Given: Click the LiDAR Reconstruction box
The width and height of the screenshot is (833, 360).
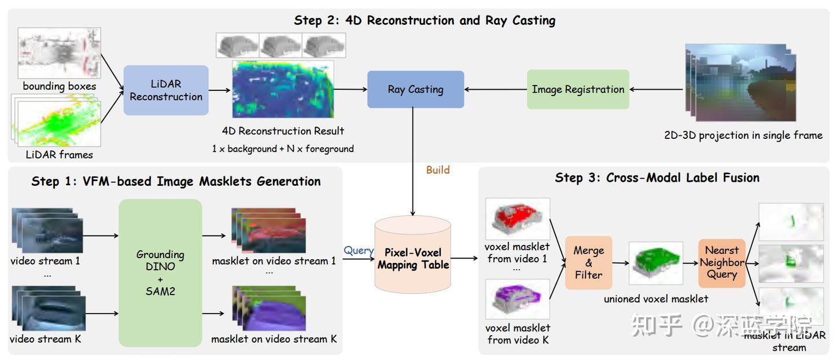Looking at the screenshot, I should click(x=166, y=90).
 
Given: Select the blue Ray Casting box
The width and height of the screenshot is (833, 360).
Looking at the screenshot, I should click(x=415, y=89).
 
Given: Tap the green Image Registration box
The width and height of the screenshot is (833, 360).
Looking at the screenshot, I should click(x=577, y=89).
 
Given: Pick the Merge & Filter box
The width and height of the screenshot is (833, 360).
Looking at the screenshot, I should click(x=588, y=262).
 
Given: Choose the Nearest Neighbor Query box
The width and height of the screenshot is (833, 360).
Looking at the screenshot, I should click(x=721, y=262).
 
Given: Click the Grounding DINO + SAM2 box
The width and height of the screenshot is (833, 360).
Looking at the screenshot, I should click(x=160, y=273).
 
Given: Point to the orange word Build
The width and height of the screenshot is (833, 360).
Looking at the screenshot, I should click(x=437, y=170).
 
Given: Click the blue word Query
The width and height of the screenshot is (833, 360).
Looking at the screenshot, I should click(x=358, y=250).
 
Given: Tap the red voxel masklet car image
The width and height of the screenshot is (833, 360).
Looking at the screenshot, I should click(x=518, y=219).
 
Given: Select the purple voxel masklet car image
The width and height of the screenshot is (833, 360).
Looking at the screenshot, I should click(x=518, y=299).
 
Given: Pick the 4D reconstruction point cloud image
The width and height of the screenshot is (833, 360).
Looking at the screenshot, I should click(x=283, y=90).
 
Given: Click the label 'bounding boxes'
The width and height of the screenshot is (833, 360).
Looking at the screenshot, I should click(x=60, y=86).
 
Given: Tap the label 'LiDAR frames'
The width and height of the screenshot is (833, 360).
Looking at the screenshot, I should click(x=59, y=155).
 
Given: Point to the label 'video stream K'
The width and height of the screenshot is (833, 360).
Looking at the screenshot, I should click(x=45, y=339).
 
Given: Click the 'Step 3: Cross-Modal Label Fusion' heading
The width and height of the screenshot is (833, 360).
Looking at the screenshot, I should click(x=657, y=178).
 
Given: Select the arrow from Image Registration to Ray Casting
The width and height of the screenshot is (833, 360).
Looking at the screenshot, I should click(x=495, y=90).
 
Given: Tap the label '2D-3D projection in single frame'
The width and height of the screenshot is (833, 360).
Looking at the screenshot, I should click(x=743, y=135).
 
